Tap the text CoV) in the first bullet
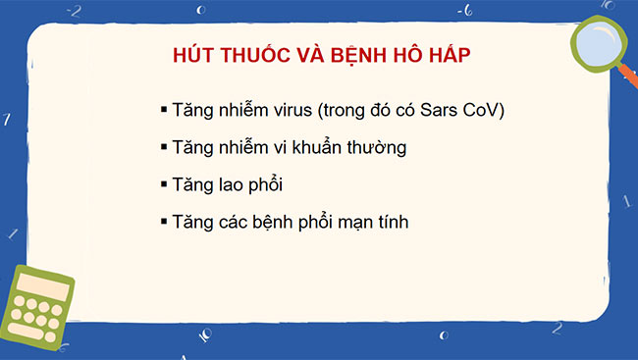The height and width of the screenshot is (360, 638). pyautogui.click(x=481, y=110)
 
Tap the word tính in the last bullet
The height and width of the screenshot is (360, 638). pyautogui.click(x=392, y=223)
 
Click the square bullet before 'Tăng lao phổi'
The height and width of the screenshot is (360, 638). pyautogui.click(x=164, y=183)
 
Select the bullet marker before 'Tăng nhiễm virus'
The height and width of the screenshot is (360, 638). pyautogui.click(x=164, y=109)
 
